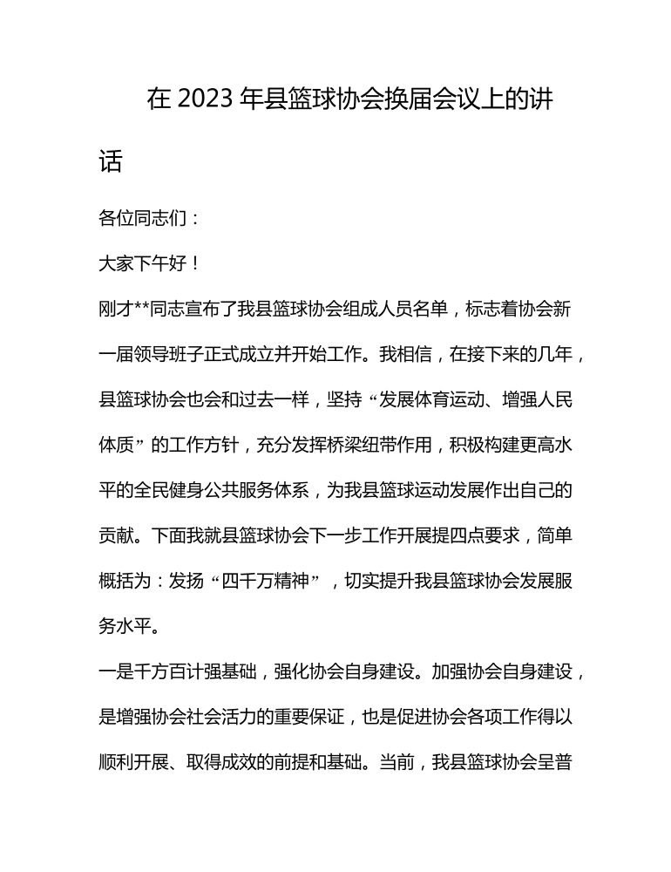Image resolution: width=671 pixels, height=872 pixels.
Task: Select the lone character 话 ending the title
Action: pyautogui.click(x=111, y=161)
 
